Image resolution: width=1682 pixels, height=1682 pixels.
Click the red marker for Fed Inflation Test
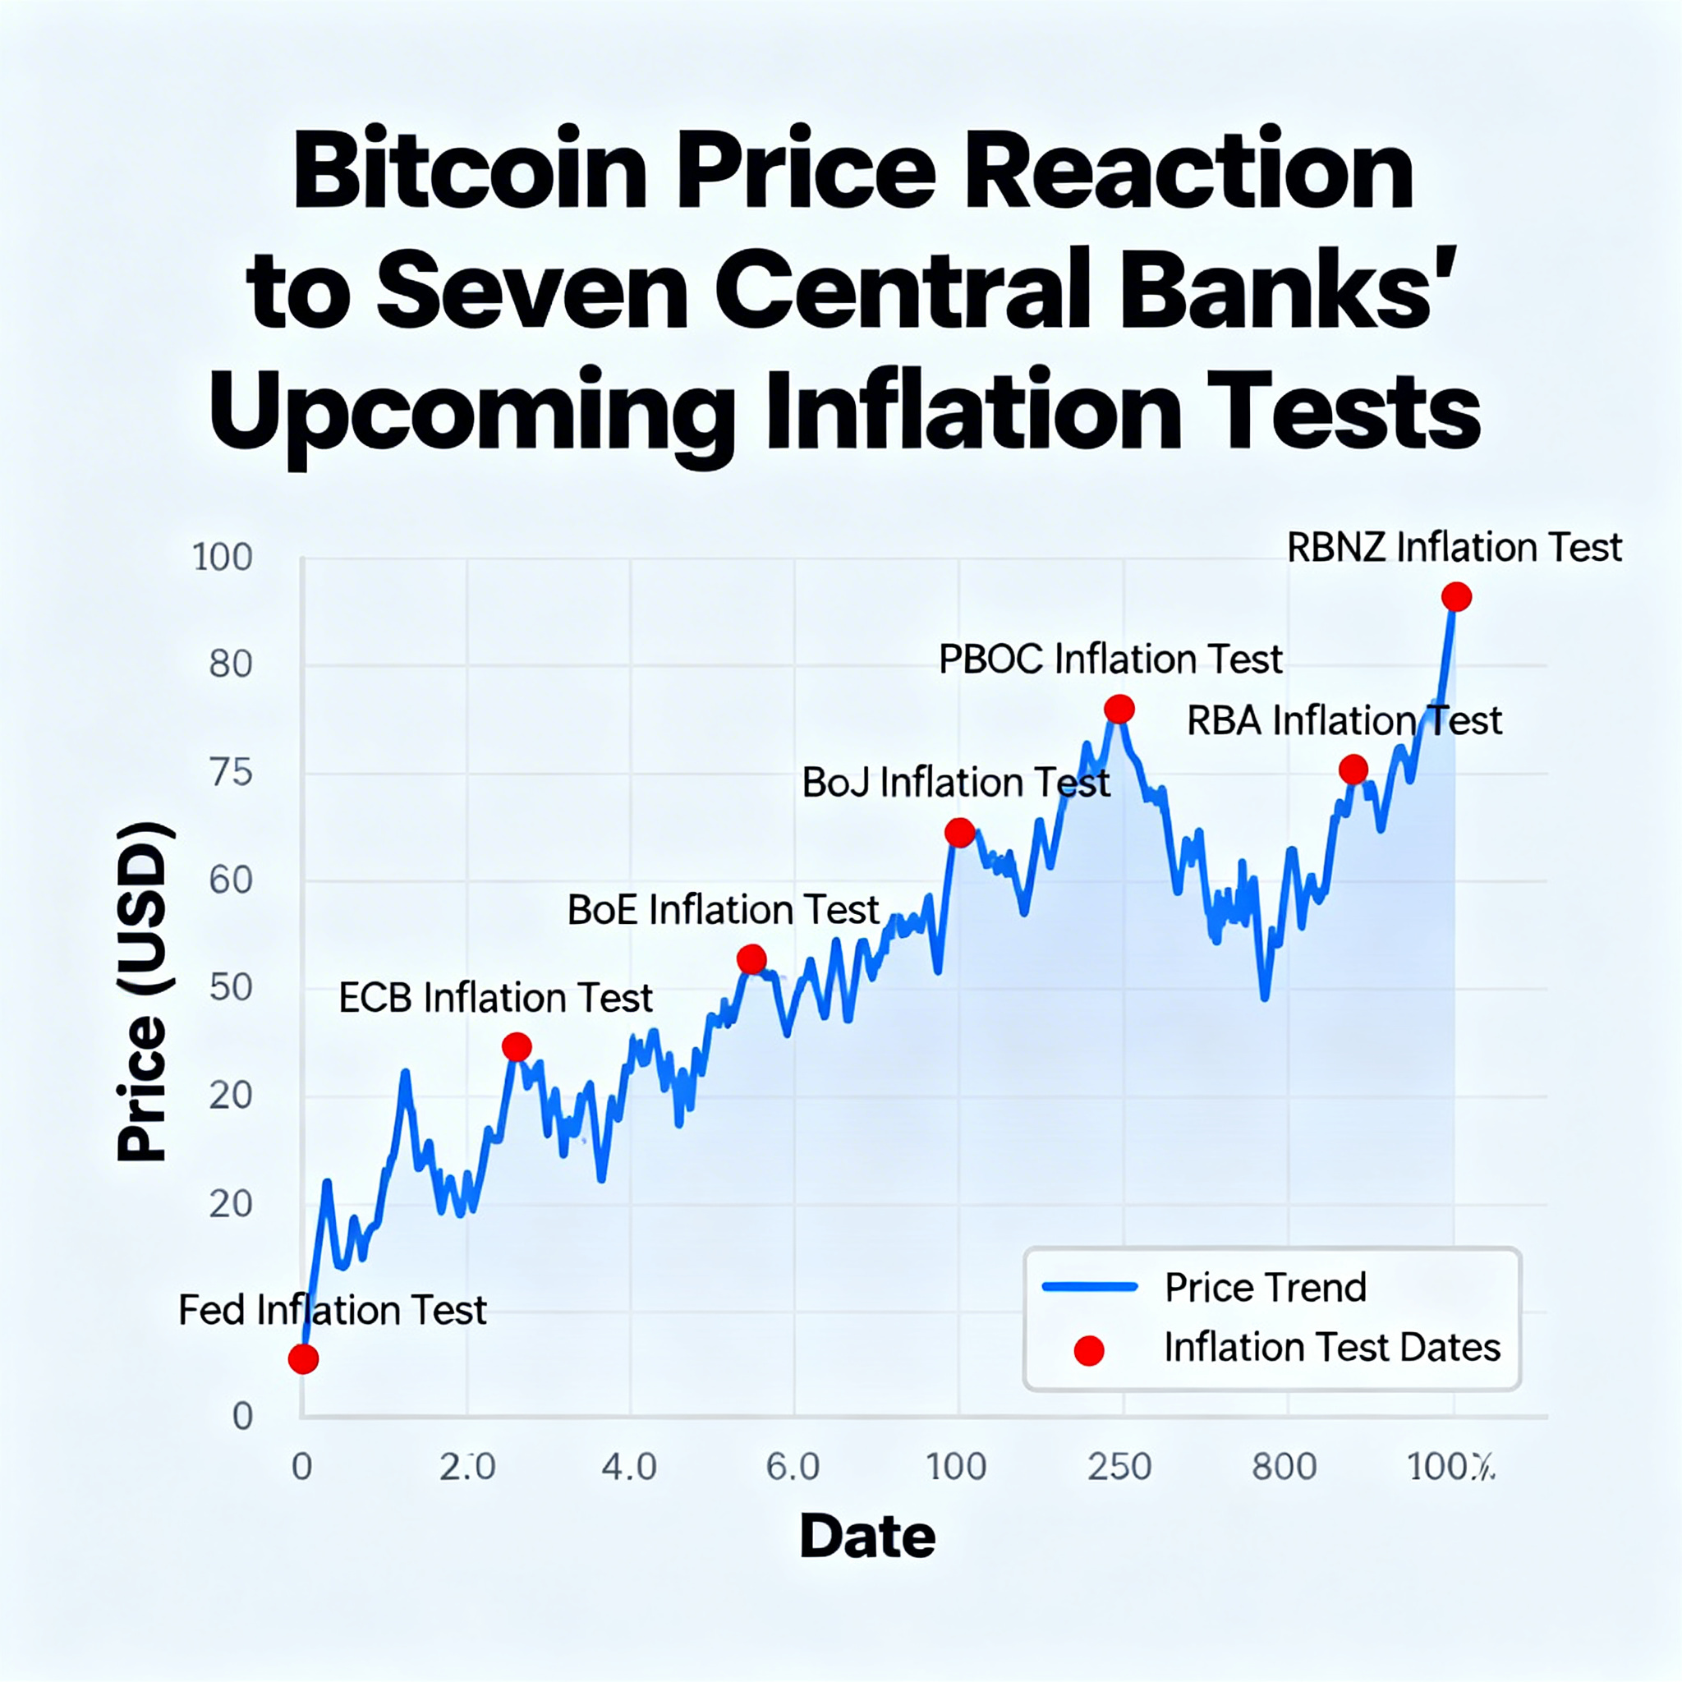point(303,1358)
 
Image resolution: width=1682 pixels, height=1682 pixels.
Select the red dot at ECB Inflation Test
point(517,1046)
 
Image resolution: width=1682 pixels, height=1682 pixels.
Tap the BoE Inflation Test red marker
point(751,959)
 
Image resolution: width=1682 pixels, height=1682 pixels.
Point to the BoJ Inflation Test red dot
point(959,832)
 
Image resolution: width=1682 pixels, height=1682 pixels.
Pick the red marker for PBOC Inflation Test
point(1119,709)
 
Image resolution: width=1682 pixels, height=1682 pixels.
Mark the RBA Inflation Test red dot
point(1353,769)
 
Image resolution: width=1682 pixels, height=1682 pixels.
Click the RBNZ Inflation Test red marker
point(1456,596)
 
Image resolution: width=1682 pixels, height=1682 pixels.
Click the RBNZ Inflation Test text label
point(1454,548)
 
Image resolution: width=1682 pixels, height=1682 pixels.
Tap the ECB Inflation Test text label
point(495,998)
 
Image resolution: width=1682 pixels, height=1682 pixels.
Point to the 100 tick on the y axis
point(222,557)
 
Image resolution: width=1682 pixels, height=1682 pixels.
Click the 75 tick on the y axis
point(231,772)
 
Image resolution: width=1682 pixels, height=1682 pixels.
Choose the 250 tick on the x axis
point(1119,1467)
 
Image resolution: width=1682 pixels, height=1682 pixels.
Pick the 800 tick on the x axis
point(1284,1467)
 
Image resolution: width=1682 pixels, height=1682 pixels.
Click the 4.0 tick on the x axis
point(629,1467)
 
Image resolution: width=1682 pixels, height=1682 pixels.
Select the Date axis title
point(867,1537)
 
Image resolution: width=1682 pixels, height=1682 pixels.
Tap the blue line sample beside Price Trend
point(1090,1287)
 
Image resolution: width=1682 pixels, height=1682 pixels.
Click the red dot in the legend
point(1089,1350)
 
